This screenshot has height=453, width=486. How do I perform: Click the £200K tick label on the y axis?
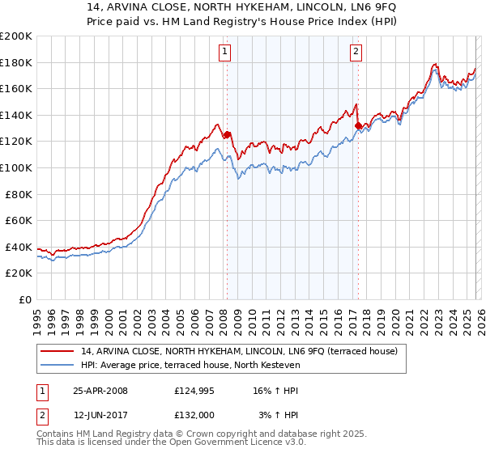click(16, 36)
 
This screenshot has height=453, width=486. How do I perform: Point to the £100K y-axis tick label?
click(16, 167)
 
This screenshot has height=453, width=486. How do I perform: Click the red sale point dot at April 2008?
click(227, 135)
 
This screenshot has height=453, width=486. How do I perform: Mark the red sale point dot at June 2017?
click(358, 125)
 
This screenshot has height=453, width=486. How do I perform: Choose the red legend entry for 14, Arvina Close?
click(239, 352)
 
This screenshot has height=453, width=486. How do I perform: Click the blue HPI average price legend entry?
click(190, 366)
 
